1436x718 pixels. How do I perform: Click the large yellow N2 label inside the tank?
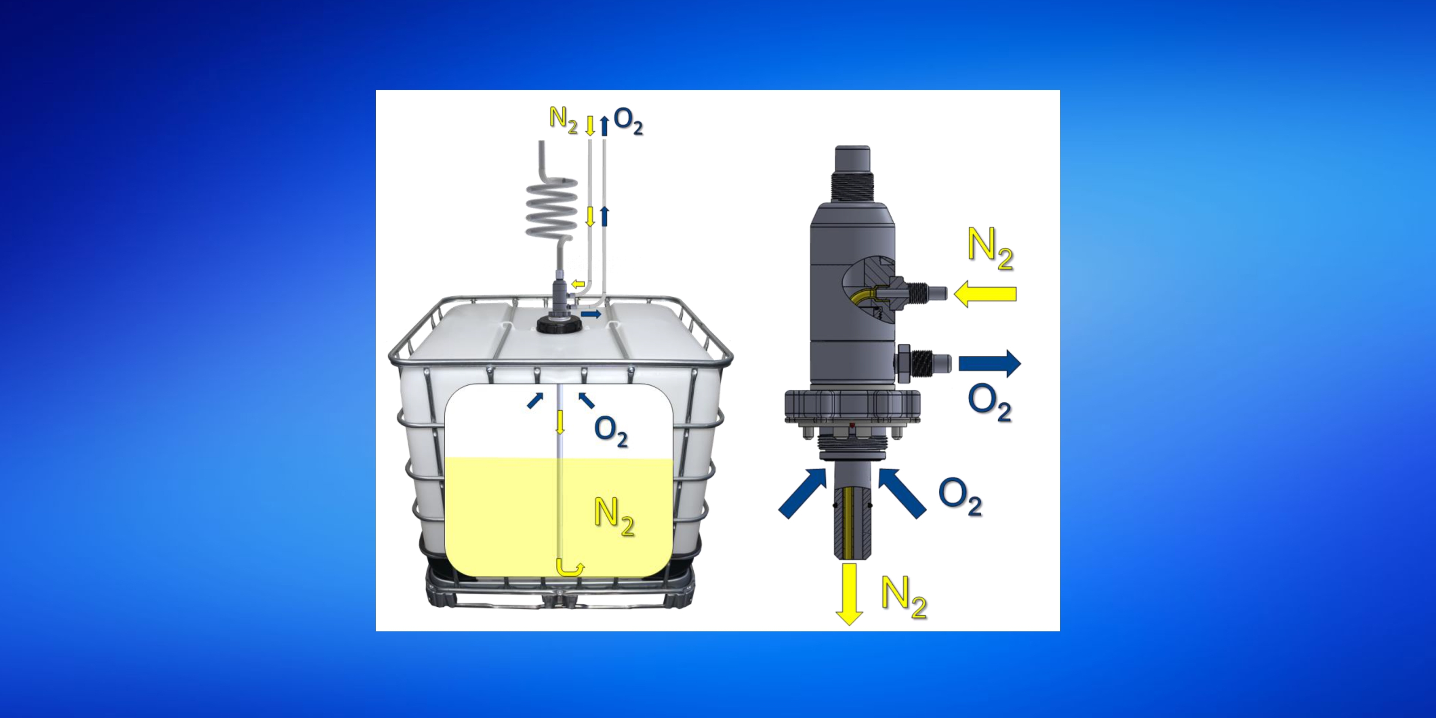614,517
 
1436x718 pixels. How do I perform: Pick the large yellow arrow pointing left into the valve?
985,294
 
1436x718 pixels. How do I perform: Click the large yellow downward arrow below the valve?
849,594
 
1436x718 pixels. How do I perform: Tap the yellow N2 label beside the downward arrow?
904,597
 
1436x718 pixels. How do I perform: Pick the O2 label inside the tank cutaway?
611,432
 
